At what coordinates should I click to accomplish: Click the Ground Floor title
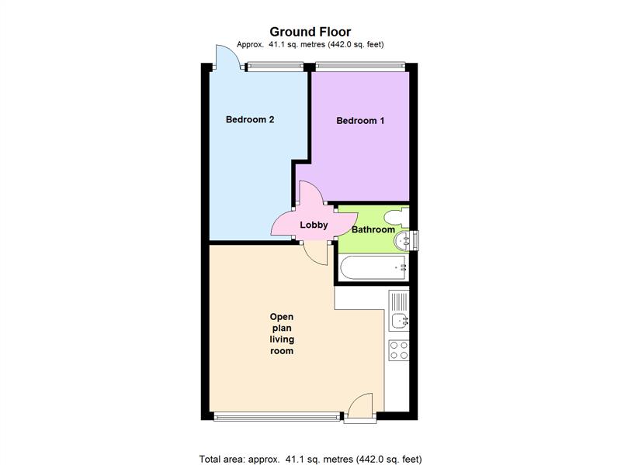click(310, 32)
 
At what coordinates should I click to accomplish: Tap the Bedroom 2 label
click(250, 119)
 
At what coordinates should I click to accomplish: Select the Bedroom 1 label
click(360, 121)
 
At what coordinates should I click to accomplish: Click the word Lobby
click(314, 226)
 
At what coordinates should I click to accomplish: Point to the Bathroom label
click(373, 229)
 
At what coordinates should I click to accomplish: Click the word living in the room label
click(282, 339)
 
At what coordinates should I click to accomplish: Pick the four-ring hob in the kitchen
click(398, 350)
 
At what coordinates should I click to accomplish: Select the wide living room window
click(277, 416)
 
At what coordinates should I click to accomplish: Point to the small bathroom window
click(415, 240)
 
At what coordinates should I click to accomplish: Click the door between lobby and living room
click(316, 252)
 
